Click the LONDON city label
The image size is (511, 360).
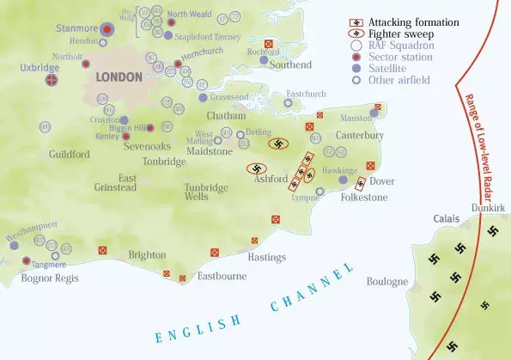[119, 76]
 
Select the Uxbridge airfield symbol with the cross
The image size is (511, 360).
[52, 81]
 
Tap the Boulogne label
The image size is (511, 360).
[386, 281]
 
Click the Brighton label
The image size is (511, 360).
[147, 255]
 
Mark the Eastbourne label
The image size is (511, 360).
[222, 277]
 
